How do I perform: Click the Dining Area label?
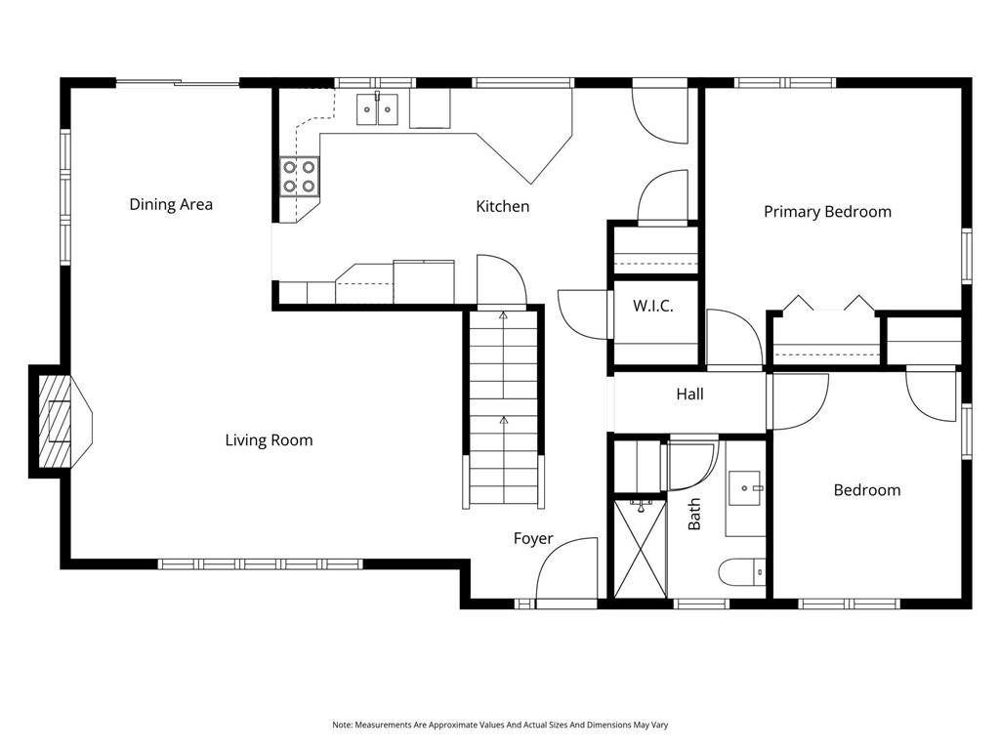(171, 205)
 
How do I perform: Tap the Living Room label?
(270, 440)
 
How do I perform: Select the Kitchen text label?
(503, 206)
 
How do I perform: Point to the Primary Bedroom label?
(827, 212)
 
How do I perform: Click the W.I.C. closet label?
(653, 306)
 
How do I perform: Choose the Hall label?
(690, 395)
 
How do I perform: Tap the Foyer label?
(533, 539)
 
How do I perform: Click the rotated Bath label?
(694, 514)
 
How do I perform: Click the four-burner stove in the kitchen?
(299, 177)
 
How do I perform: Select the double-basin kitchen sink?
(378, 109)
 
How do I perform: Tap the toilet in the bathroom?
(742, 572)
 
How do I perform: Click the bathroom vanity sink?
(745, 488)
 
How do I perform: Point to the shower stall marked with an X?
(641, 549)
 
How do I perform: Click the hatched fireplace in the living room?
(56, 422)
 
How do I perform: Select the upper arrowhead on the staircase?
(503, 314)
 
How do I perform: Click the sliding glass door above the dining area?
(178, 82)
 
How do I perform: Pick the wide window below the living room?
(260, 563)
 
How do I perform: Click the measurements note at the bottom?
(500, 725)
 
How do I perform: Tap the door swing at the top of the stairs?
(501, 280)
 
